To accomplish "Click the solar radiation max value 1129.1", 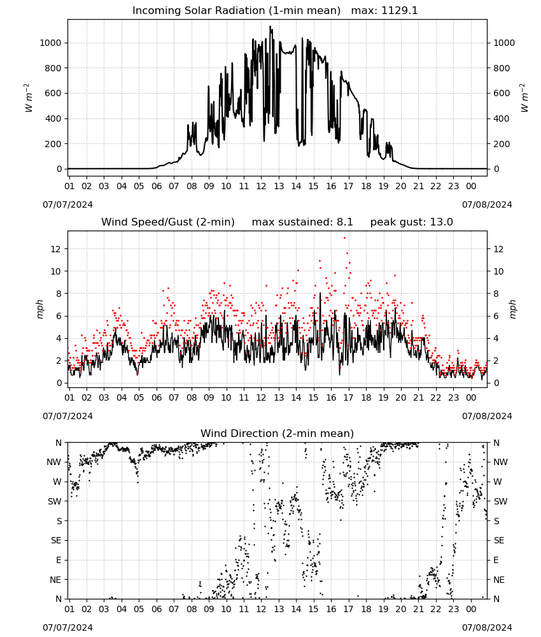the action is click(x=399, y=11).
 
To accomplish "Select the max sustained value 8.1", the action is click(x=344, y=222).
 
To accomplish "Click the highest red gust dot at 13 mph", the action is click(x=344, y=238).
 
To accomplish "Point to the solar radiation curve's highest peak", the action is click(x=270, y=27).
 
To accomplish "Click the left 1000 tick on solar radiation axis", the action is click(x=50, y=43).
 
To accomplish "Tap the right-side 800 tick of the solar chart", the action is click(x=502, y=68).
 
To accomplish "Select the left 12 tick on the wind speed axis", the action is click(x=55, y=249).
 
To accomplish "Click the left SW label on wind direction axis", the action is click(x=55, y=501).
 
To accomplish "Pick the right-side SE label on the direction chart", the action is click(x=499, y=540).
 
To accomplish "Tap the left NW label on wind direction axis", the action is click(x=54, y=462).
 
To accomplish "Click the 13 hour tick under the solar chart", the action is click(x=279, y=186).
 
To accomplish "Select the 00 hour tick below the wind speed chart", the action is click(x=471, y=397).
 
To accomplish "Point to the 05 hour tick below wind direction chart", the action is click(x=139, y=609).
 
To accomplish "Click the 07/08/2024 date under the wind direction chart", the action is click(x=487, y=627).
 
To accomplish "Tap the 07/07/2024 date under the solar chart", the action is click(x=67, y=204).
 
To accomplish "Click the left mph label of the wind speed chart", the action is click(x=39, y=309).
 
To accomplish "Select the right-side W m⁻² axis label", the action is click(x=524, y=97).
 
